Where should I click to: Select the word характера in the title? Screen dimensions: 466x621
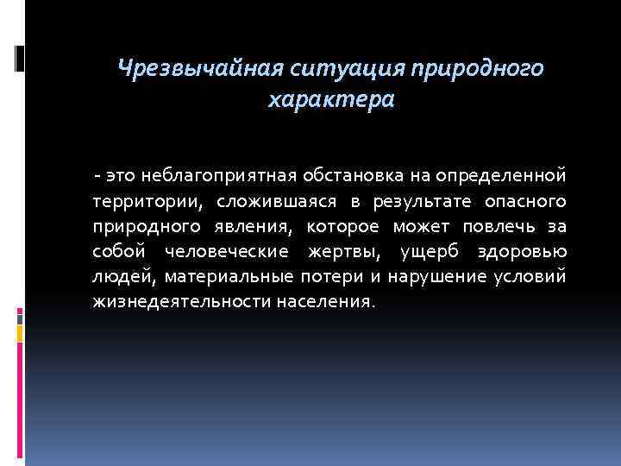pyautogui.click(x=331, y=100)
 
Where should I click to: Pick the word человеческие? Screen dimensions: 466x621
pyautogui.click(x=231, y=251)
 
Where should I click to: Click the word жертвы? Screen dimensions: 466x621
pyautogui.click(x=342, y=251)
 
